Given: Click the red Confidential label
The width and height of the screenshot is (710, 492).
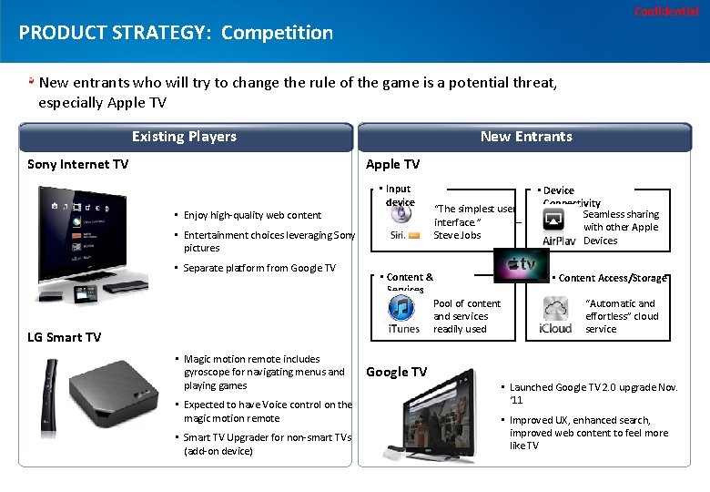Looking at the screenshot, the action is coord(666,11).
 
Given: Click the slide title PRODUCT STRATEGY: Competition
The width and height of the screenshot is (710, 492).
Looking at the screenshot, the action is coord(176,33).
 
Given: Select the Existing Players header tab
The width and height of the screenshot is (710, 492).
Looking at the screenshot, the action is coord(185,137).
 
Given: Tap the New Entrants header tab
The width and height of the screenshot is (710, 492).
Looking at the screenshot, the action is coord(526,137).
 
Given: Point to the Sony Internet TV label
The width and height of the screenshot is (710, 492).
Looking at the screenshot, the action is coord(78,164).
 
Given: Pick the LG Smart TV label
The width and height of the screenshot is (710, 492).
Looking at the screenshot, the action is coord(65,337).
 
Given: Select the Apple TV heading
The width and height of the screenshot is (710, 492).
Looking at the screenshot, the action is coord(392,164).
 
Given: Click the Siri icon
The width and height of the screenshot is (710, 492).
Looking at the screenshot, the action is coord(401,221).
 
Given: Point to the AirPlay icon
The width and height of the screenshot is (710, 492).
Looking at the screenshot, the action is coord(558,227).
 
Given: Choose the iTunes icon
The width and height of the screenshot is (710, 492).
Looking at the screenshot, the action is coord(402,313).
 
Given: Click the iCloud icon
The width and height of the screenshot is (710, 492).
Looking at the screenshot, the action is coord(555,314).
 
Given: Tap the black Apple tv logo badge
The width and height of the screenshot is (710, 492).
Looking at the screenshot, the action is coord(522,263).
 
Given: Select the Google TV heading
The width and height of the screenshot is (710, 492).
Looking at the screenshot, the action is coord(396,372).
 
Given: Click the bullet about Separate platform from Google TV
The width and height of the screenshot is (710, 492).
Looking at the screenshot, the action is coord(259,268).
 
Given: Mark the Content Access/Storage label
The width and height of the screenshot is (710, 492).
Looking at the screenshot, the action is coord(613,278).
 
